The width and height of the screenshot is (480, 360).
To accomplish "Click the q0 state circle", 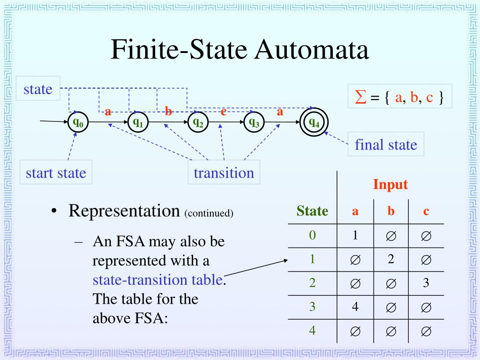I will [78, 123].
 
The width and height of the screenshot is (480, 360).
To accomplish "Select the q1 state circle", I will [138, 123].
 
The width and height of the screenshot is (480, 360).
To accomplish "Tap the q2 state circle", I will [198, 123].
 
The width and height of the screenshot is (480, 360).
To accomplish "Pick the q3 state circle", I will [254, 123].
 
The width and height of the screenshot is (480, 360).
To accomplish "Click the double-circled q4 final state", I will [314, 123].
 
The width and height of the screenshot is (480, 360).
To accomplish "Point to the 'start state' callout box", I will [56, 173].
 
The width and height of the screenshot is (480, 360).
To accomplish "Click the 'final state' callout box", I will [386, 144].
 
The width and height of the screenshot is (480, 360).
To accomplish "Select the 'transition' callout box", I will [224, 173].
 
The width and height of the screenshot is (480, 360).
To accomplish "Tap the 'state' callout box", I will [38, 89].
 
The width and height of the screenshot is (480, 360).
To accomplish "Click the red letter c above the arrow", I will [224, 112].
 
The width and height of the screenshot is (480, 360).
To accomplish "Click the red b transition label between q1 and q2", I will [168, 112].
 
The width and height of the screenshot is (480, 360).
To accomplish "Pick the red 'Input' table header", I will [390, 185].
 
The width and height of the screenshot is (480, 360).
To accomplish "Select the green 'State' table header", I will [312, 211].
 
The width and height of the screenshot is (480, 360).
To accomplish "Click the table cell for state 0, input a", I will [355, 235].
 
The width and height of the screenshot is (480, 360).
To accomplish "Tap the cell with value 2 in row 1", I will [390, 259].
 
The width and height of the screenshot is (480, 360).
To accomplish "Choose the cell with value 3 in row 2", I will [426, 283].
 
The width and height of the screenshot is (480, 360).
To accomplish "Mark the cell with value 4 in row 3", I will [355, 307].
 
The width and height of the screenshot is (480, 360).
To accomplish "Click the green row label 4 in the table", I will [312, 330].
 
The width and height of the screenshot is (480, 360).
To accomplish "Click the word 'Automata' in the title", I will [312, 50].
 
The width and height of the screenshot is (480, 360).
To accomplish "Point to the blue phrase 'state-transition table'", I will [157, 280].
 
